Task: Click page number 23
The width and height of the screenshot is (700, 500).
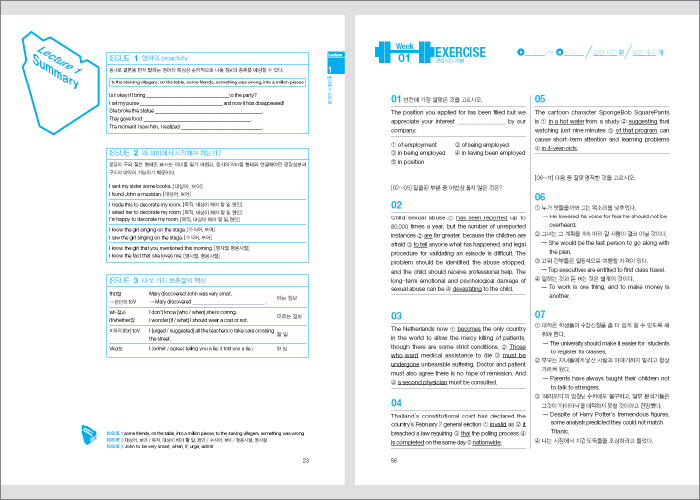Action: tap(306, 460)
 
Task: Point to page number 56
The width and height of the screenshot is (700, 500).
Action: tap(394, 460)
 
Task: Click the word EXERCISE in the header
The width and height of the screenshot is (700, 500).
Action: tap(459, 52)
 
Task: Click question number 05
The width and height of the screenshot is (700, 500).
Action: tap(541, 99)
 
